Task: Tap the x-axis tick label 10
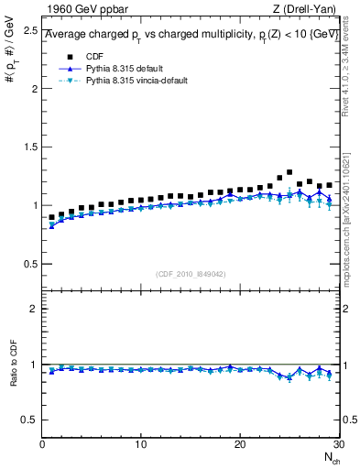coord(141,443)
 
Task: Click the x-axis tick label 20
coord(240,443)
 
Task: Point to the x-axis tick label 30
coord(337,443)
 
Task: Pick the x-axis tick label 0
coord(42,443)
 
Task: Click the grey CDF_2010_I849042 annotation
coord(191,273)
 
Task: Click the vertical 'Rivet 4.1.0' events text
coord(354,70)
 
